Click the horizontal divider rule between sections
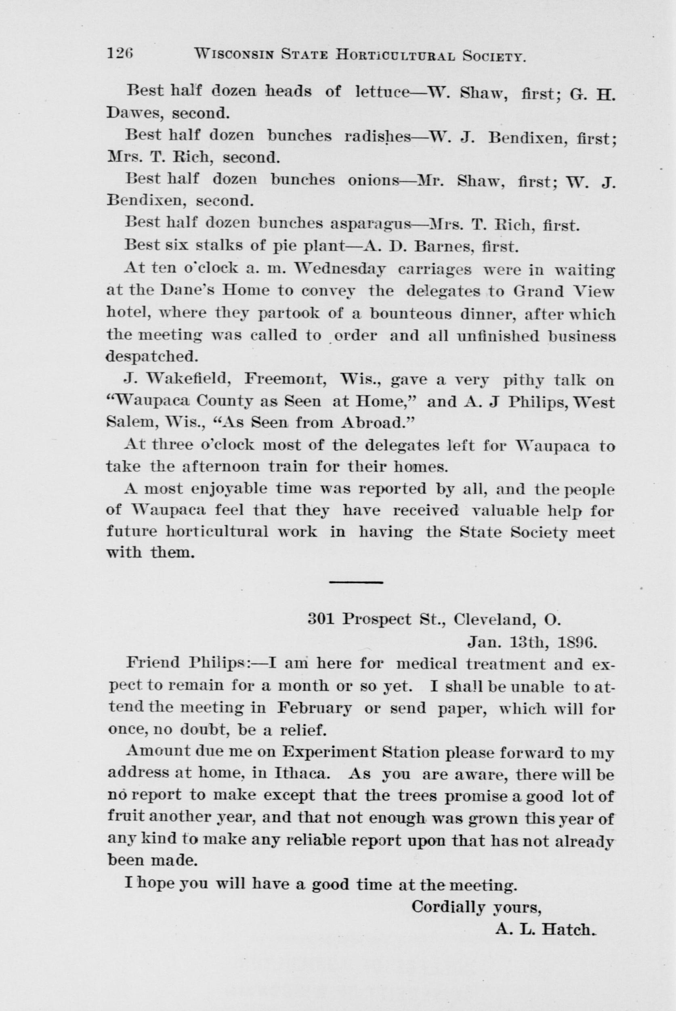(356, 582)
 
